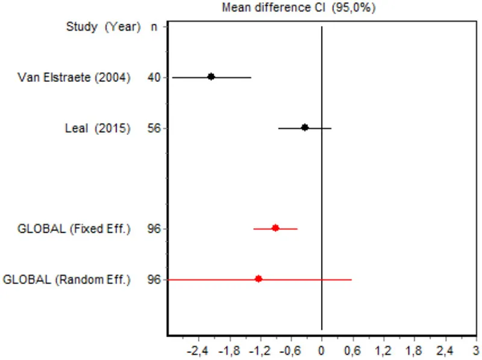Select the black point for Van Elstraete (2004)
211,76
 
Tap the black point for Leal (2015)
305,127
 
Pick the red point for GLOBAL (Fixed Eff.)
275,228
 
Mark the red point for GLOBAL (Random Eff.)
258,279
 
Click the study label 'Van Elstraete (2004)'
74,77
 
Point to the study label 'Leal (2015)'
98,128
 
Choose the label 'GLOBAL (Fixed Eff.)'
74,229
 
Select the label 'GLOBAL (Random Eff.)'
67,279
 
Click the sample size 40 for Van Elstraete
154,77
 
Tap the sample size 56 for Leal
154,128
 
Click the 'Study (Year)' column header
103,26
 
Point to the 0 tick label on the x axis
322,349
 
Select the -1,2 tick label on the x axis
259,349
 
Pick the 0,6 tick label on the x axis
352,349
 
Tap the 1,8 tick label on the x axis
415,349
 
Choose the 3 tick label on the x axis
476,349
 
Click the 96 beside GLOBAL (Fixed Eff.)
154,229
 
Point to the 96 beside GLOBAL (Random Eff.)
154,279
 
